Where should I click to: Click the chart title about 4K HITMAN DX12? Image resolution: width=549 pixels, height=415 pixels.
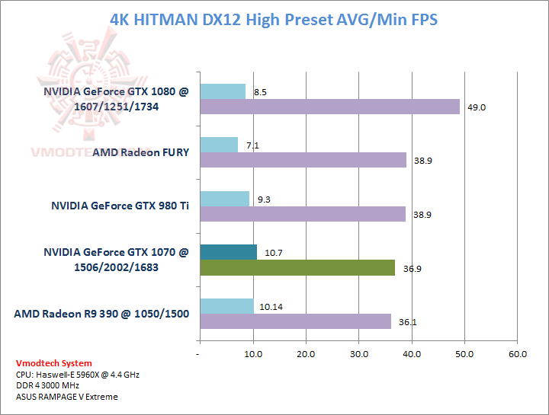[274, 20]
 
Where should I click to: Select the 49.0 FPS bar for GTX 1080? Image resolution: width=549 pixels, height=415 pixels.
[329, 107]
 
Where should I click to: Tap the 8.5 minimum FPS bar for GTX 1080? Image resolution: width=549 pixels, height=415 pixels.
[222, 91]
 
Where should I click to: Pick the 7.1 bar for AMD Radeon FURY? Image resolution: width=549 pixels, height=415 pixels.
[218, 145]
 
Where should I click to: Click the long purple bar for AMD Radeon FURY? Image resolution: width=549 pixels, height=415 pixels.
[303, 160]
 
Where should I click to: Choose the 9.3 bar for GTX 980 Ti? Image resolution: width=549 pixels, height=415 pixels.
[224, 199]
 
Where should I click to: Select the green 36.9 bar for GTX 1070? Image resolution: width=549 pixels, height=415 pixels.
[297, 267]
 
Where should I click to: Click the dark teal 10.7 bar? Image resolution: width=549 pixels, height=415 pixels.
[228, 252]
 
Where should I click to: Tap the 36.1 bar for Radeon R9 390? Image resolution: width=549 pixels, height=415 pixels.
[295, 321]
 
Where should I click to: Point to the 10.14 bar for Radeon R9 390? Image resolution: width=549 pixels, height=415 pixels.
[226, 306]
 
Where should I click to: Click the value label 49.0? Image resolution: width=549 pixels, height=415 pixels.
[477, 107]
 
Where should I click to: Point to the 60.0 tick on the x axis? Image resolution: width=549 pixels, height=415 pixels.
[518, 354]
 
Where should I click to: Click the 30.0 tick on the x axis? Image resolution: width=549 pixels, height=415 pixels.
[358, 354]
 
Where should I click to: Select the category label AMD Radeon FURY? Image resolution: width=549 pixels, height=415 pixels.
[140, 152]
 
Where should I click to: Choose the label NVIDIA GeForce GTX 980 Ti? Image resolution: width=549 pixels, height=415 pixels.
[120, 206]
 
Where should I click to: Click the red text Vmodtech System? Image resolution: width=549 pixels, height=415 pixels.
[53, 363]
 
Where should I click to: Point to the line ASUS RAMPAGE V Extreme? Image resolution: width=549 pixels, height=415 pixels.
[66, 397]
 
